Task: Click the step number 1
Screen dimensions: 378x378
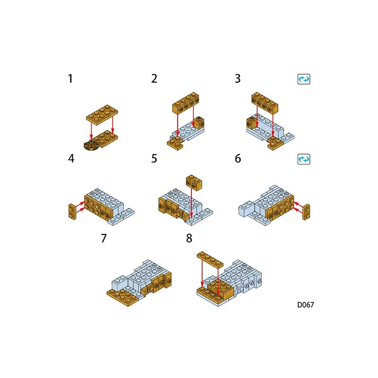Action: pyautogui.click(x=70, y=78)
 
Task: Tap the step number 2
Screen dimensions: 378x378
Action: pyautogui.click(x=154, y=78)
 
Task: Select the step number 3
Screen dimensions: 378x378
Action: pyautogui.click(x=238, y=78)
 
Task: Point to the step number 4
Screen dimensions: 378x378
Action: pyautogui.click(x=71, y=158)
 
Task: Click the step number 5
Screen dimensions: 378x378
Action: pyautogui.click(x=154, y=158)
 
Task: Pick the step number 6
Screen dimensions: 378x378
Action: pyautogui.click(x=238, y=158)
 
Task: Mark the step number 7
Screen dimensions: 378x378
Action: pyautogui.click(x=103, y=238)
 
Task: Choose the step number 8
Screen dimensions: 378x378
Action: pyautogui.click(x=189, y=238)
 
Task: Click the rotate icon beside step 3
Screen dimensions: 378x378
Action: pyautogui.click(x=304, y=79)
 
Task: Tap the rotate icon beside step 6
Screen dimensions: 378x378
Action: pyautogui.click(x=304, y=159)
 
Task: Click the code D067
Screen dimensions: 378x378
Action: pyautogui.click(x=305, y=305)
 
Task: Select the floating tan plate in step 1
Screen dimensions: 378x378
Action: pyautogui.click(x=102, y=115)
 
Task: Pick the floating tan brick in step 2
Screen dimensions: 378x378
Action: pyautogui.click(x=186, y=103)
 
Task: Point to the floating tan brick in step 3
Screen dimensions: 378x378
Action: pyautogui.click(x=265, y=103)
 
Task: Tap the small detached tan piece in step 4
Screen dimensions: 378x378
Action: pyautogui.click(x=72, y=211)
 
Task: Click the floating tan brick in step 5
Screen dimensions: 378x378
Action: pyautogui.click(x=194, y=182)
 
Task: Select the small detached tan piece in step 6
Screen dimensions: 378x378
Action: pyautogui.click(x=306, y=212)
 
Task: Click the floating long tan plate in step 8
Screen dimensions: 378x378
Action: pyautogui.click(x=210, y=259)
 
